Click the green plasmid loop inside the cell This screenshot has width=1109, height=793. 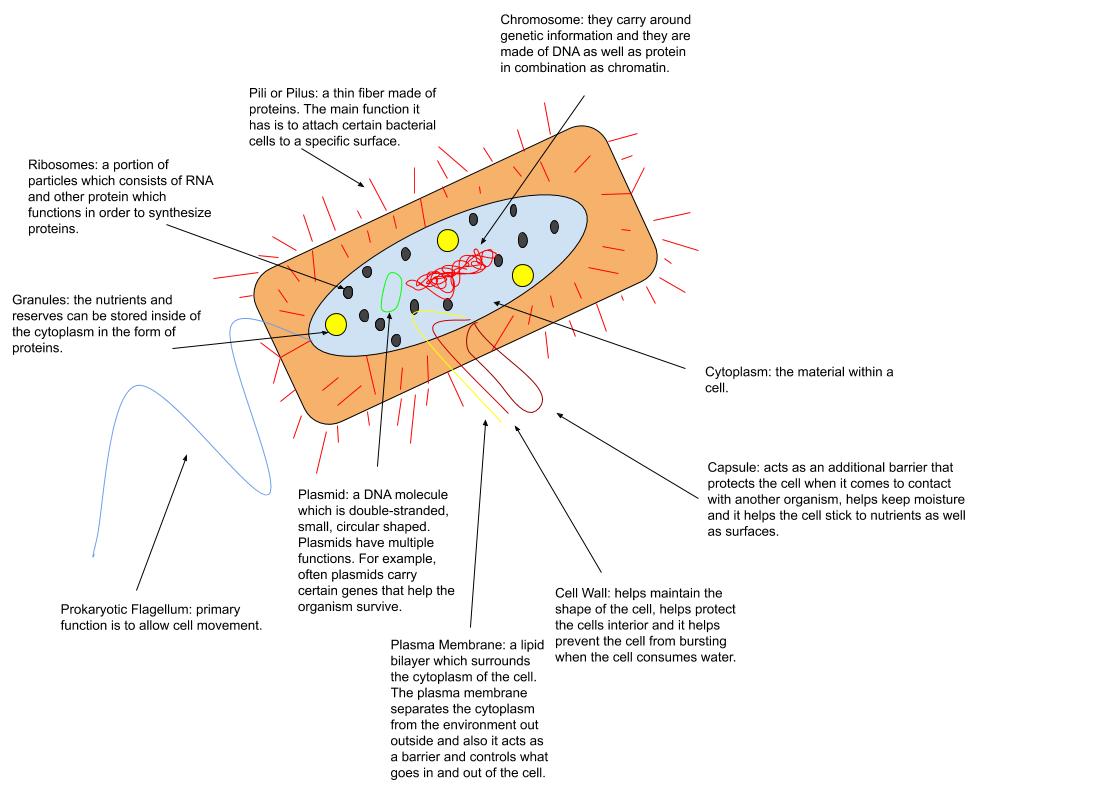[382, 292]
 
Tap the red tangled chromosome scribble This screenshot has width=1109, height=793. [453, 272]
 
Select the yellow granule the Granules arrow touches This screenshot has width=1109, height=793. [336, 324]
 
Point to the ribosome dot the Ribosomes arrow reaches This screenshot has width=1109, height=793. [348, 291]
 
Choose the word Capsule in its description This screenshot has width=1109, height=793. [733, 468]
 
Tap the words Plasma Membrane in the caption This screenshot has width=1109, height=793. [448, 644]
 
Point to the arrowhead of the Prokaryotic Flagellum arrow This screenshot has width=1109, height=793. [186, 458]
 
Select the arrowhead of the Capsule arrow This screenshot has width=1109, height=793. [560, 415]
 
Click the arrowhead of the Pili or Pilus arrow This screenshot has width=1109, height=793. [361, 184]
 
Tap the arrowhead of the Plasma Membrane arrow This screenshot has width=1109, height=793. [486, 423]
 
